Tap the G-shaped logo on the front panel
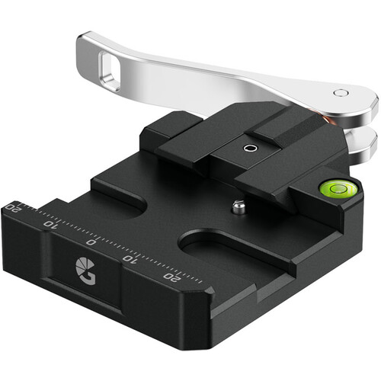[85, 269]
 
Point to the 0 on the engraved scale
[91, 242]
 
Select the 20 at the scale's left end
[11, 207]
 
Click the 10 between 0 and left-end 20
[51, 224]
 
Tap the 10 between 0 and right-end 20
[130, 258]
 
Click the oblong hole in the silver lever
[110, 71]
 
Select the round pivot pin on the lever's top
[341, 93]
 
